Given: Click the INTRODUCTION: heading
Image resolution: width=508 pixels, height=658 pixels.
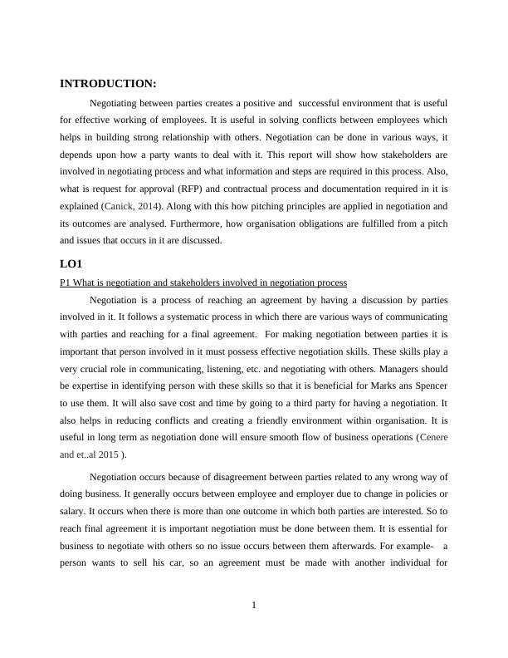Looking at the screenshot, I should tap(108, 84).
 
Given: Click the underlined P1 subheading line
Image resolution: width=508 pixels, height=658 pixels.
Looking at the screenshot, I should tap(203, 282).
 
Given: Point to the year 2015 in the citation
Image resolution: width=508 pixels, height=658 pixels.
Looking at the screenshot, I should tap(107, 455).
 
